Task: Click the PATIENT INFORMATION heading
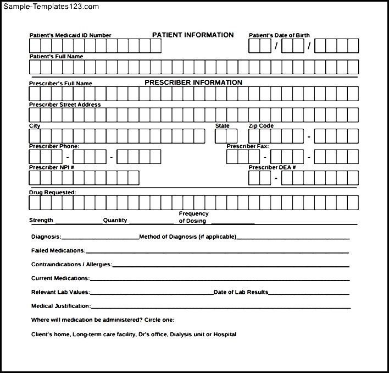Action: [193, 35]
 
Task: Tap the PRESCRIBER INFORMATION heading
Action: [193, 83]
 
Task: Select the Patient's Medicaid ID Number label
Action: [70, 35]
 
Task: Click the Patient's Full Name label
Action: [56, 56]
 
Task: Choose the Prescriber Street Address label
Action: [65, 105]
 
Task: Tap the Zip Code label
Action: [261, 126]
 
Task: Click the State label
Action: [223, 126]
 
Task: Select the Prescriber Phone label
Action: [54, 146]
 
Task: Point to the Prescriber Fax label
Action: [248, 146]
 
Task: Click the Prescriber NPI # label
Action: [52, 167]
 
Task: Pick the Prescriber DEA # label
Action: [272, 167]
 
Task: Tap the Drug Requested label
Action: [52, 193]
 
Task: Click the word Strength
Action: [41, 220]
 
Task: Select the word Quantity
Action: [115, 220]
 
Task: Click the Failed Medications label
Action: [58, 250]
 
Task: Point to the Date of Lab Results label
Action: [241, 292]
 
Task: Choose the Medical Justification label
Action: [60, 306]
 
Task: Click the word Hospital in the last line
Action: [226, 334]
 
